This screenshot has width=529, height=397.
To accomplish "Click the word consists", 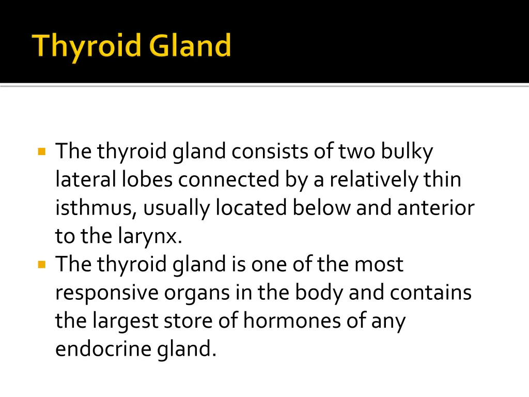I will (270, 152).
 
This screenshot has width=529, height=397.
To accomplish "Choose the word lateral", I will (86, 180).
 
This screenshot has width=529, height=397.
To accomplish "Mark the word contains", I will (431, 293).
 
